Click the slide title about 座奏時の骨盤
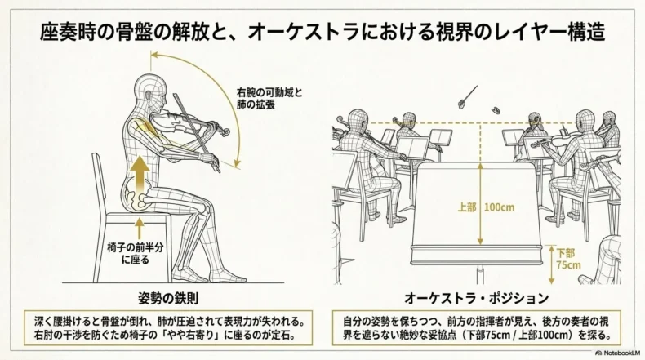coord(322,32)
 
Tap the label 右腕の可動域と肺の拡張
coord(269,98)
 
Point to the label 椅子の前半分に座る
coord(136,254)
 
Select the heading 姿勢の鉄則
coord(169,298)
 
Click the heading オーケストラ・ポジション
coord(476,298)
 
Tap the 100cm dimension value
coord(499,207)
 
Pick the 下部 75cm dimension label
coord(567,259)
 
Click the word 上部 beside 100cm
coord(467,207)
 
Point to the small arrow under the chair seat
coord(140,229)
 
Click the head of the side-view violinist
coord(150,91)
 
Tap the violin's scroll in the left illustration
coord(225,132)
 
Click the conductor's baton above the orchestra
coord(467,97)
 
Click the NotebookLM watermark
coord(617,353)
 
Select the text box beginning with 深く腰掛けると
coord(169,327)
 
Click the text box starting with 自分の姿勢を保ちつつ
coord(476,327)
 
